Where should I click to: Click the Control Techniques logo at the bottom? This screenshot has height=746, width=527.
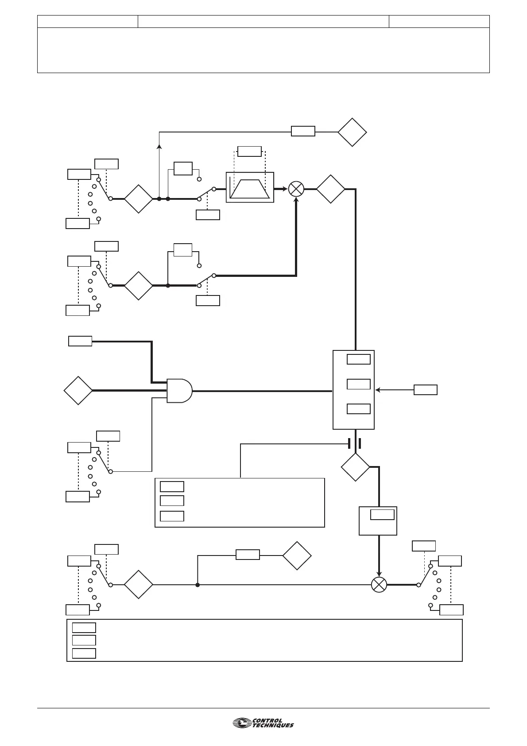tap(263, 723)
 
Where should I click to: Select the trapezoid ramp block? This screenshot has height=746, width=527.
tap(250, 187)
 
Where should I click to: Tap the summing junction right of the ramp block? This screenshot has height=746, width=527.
tap(296, 189)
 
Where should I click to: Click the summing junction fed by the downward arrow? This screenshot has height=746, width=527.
tap(379, 584)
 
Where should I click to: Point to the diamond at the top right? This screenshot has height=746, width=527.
tap(352, 132)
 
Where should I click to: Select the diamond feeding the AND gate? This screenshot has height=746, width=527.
tap(78, 391)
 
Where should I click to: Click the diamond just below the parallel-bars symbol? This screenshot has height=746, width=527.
tap(355, 467)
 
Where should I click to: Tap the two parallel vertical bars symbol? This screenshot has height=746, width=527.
tap(355, 443)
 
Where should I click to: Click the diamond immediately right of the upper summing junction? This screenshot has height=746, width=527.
tap(330, 189)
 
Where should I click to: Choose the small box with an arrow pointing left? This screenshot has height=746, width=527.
tap(425, 390)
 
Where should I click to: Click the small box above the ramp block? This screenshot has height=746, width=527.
tap(249, 151)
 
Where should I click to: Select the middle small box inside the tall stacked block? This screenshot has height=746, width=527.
tap(358, 384)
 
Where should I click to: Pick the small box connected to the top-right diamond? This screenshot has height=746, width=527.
tap(303, 131)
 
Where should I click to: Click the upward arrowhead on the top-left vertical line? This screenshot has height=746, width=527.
tap(159, 146)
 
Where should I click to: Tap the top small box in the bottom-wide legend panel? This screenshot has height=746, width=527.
tap(84, 627)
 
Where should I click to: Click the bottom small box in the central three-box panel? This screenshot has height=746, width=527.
tap(172, 516)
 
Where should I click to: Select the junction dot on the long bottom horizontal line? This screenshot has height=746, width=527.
tap(198, 585)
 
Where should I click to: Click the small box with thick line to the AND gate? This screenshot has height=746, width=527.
tap(80, 341)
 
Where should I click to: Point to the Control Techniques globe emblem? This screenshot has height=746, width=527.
tap(241, 723)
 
